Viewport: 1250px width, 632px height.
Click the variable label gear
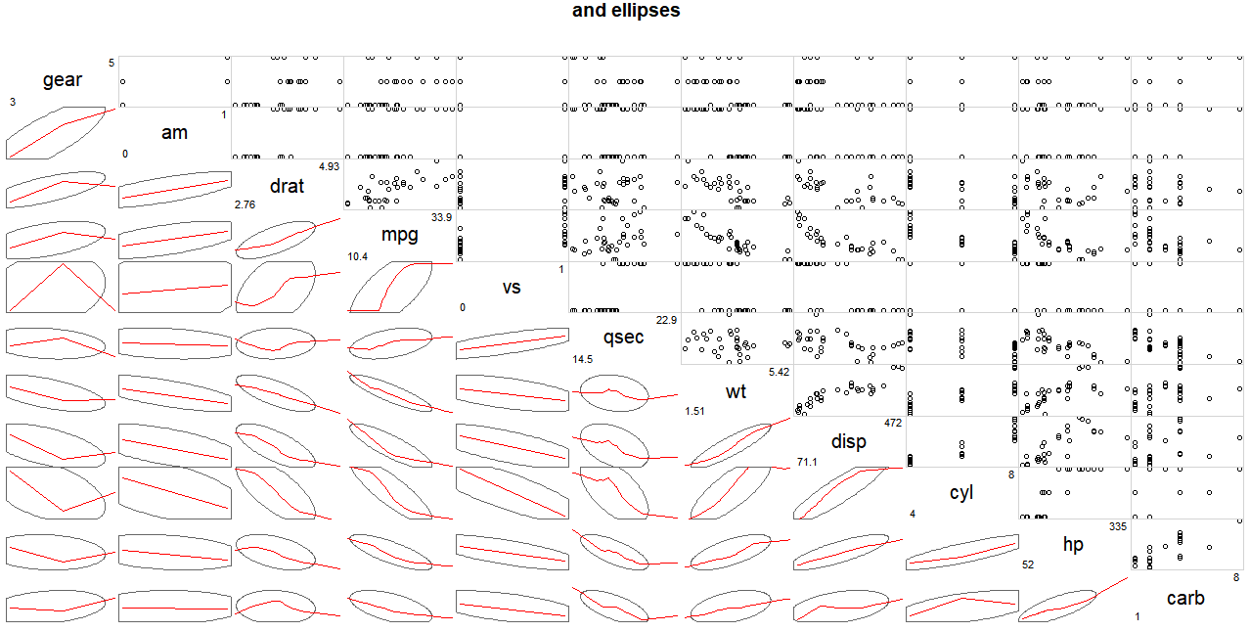(63, 80)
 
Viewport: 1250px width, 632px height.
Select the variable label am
(174, 132)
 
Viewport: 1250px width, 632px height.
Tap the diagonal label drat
(287, 184)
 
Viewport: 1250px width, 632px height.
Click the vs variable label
(512, 287)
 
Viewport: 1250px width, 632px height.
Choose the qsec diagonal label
(623, 338)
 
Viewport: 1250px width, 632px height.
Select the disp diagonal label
(848, 441)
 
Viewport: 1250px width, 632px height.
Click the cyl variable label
(961, 492)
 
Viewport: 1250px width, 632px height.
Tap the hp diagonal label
(1073, 544)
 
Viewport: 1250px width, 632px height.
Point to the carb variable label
(1185, 598)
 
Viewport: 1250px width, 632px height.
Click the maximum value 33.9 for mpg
(440, 217)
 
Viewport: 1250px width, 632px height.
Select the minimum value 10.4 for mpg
(357, 256)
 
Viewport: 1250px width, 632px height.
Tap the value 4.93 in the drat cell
(328, 166)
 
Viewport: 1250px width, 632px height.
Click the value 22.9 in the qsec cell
(665, 320)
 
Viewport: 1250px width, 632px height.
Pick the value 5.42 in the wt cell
(778, 372)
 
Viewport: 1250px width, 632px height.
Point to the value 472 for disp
(892, 423)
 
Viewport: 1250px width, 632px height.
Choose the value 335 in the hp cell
(1117, 526)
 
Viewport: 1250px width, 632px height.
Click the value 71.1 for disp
(807, 462)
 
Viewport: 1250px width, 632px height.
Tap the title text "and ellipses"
(626, 11)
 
